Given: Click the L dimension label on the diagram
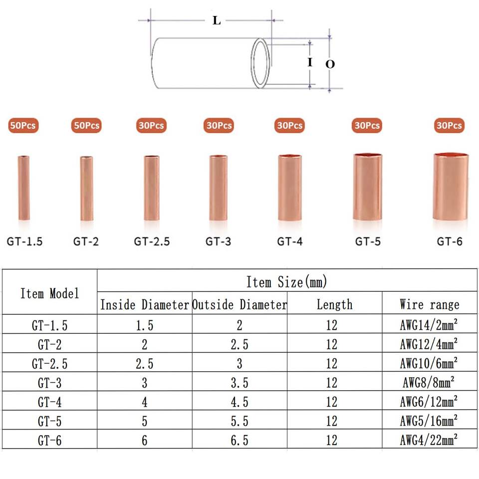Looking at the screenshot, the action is [x=217, y=20].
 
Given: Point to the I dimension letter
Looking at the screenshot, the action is [x=310, y=62].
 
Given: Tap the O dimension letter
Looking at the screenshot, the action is [x=330, y=64].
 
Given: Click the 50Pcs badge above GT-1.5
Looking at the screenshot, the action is [x=23, y=125].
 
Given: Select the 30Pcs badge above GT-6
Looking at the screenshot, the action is [x=449, y=125].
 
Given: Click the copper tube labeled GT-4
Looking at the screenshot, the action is [x=290, y=187].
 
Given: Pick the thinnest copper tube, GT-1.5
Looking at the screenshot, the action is [x=24, y=188].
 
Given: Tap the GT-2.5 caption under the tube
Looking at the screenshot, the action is [x=152, y=241].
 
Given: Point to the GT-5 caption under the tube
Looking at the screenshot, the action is [x=368, y=241].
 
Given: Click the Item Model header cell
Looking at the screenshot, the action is [x=49, y=293].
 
